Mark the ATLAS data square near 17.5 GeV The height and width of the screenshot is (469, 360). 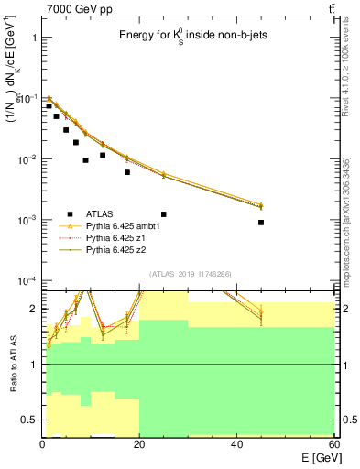[127, 172]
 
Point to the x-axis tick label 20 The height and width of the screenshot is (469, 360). [139, 444]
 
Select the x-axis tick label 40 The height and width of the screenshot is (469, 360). [236, 444]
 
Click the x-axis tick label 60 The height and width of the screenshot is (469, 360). [333, 444]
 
